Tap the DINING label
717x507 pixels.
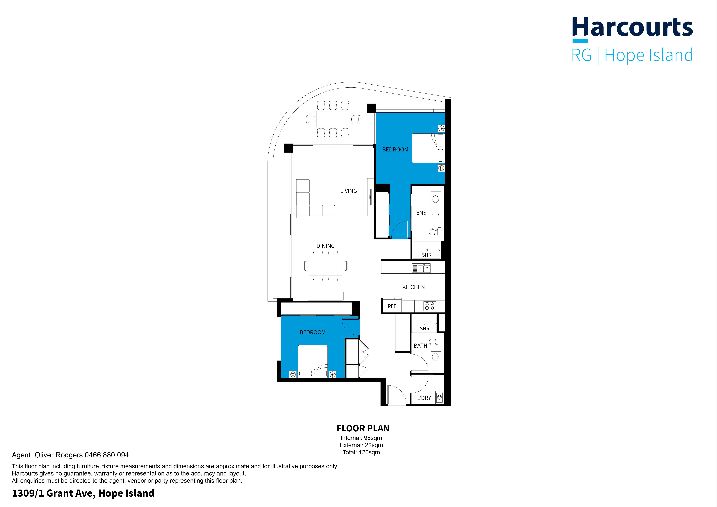pyautogui.click(x=325, y=246)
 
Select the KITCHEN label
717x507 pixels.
pyautogui.click(x=413, y=287)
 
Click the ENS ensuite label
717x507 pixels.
pyautogui.click(x=421, y=213)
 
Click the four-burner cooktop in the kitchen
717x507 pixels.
pyautogui.click(x=430, y=306)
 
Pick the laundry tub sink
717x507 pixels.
pyautogui.click(x=439, y=397)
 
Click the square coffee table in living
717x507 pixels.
pyautogui.click(x=322, y=190)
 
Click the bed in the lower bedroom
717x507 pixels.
pyautogui.click(x=313, y=361)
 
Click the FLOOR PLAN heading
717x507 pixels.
pyautogui.click(x=363, y=428)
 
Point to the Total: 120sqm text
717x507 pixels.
pyautogui.click(x=361, y=452)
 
